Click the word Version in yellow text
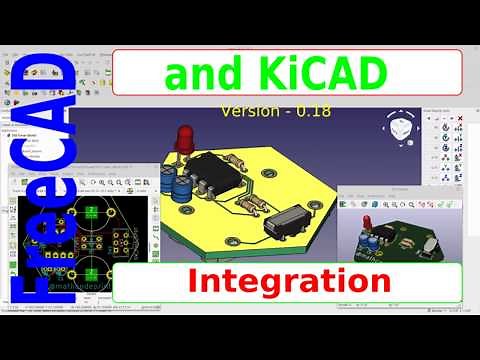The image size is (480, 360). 256,110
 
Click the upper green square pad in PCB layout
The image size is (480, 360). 92,210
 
